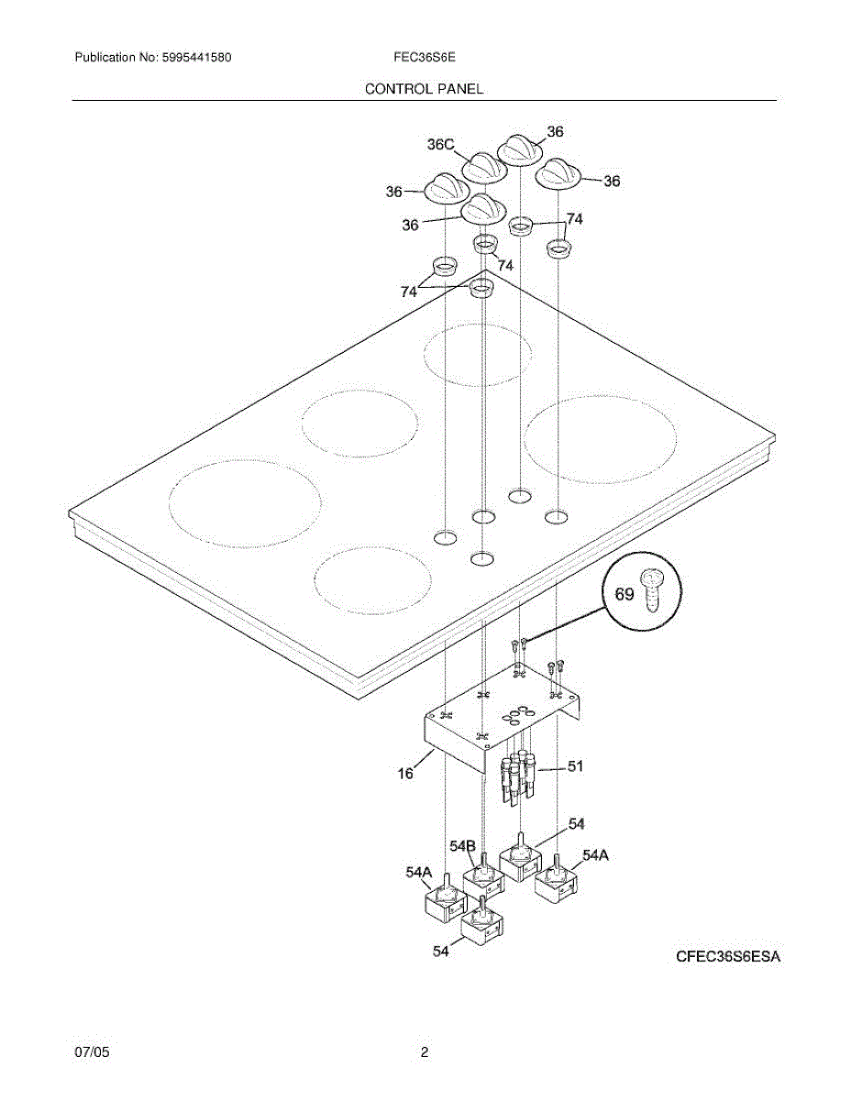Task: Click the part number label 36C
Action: [x=441, y=145]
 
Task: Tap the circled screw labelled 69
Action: [x=653, y=589]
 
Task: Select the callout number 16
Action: [x=405, y=774]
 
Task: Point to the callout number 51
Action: [x=576, y=767]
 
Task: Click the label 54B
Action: [x=463, y=844]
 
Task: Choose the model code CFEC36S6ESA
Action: [x=728, y=958]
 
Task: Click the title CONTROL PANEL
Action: [x=425, y=89]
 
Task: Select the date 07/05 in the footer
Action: [x=92, y=1053]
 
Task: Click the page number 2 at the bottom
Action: [x=425, y=1053]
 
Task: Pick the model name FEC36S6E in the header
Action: [x=425, y=58]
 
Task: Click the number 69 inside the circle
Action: [x=624, y=594]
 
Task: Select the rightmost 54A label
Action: [x=596, y=855]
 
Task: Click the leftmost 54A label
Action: [x=419, y=874]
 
